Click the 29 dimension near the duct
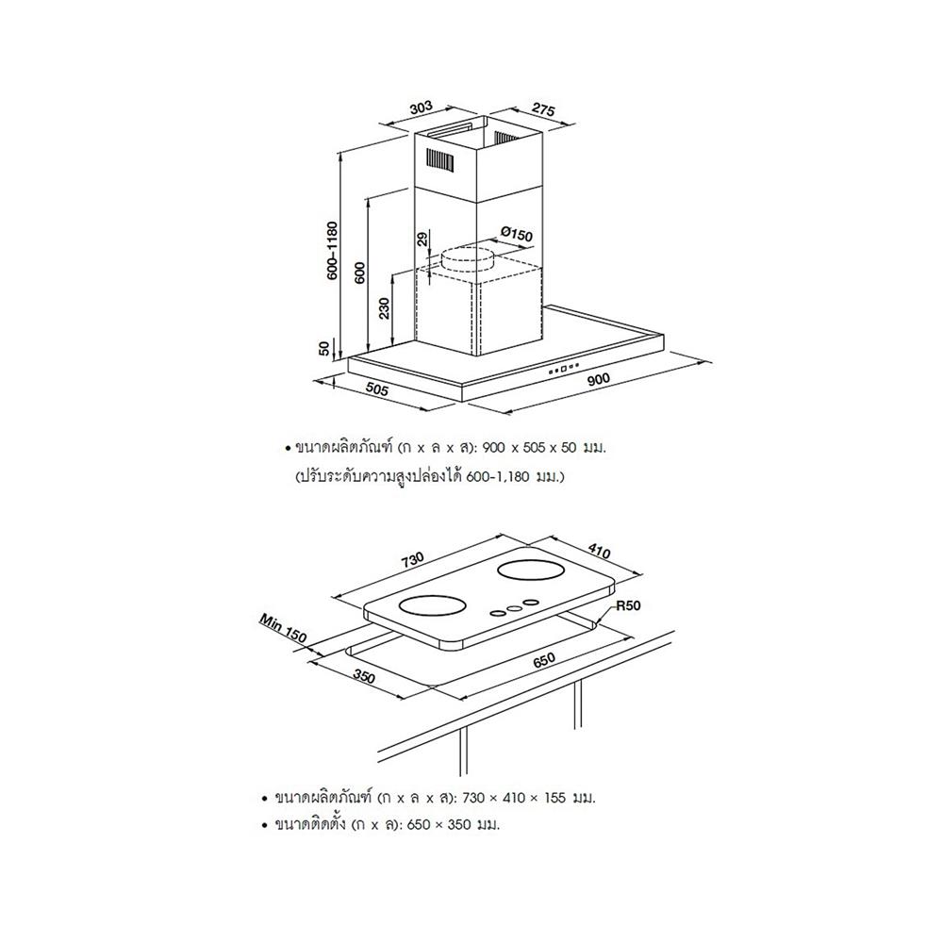(x=422, y=240)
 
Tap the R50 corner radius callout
(x=629, y=606)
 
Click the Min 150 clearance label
(x=281, y=629)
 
